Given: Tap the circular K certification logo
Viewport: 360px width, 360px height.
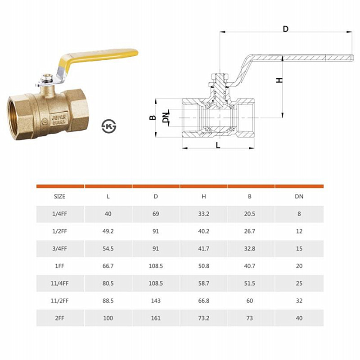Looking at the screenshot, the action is point(109,126).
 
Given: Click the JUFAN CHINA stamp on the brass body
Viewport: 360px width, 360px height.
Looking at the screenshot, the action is point(59,119).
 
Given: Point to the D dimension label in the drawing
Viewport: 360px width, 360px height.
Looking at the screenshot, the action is point(286,29).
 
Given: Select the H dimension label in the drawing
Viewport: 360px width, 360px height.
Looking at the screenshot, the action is point(279,80).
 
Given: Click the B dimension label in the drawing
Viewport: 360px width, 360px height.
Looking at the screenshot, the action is point(153,117).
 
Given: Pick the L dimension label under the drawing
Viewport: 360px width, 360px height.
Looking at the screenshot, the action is point(218,145).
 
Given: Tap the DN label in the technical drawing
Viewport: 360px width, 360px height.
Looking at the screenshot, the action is point(166,117).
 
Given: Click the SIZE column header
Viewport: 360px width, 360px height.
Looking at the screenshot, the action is point(60,197).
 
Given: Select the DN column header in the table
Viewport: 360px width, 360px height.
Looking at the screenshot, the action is point(299,197).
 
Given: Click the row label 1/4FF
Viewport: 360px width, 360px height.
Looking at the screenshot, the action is point(60,214).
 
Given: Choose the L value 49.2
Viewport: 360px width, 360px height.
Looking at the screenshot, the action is point(108,231).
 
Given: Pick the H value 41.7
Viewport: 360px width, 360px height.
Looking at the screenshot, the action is point(204,249).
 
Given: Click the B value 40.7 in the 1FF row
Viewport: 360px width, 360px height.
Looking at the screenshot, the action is point(250,266).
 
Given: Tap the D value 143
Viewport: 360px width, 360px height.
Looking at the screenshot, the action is point(156,301).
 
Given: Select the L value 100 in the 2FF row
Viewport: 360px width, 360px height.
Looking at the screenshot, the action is point(108,318).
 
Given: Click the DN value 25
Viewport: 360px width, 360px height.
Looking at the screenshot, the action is point(299,283).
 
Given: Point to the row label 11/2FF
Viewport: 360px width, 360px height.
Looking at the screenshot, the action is point(60,301).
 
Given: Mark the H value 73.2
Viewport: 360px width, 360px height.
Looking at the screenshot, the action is point(204,318).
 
